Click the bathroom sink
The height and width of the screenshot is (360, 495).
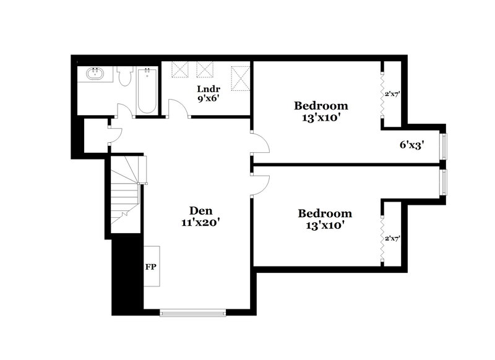(x=95, y=75)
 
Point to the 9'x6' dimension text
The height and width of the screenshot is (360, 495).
(x=208, y=98)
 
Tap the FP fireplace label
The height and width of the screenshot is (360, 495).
(x=150, y=268)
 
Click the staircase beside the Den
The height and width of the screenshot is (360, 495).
(x=126, y=192)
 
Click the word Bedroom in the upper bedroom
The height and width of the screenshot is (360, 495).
(x=321, y=105)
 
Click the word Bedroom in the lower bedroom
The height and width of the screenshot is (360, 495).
(x=325, y=213)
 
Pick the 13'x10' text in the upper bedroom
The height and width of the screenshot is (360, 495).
(x=321, y=118)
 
